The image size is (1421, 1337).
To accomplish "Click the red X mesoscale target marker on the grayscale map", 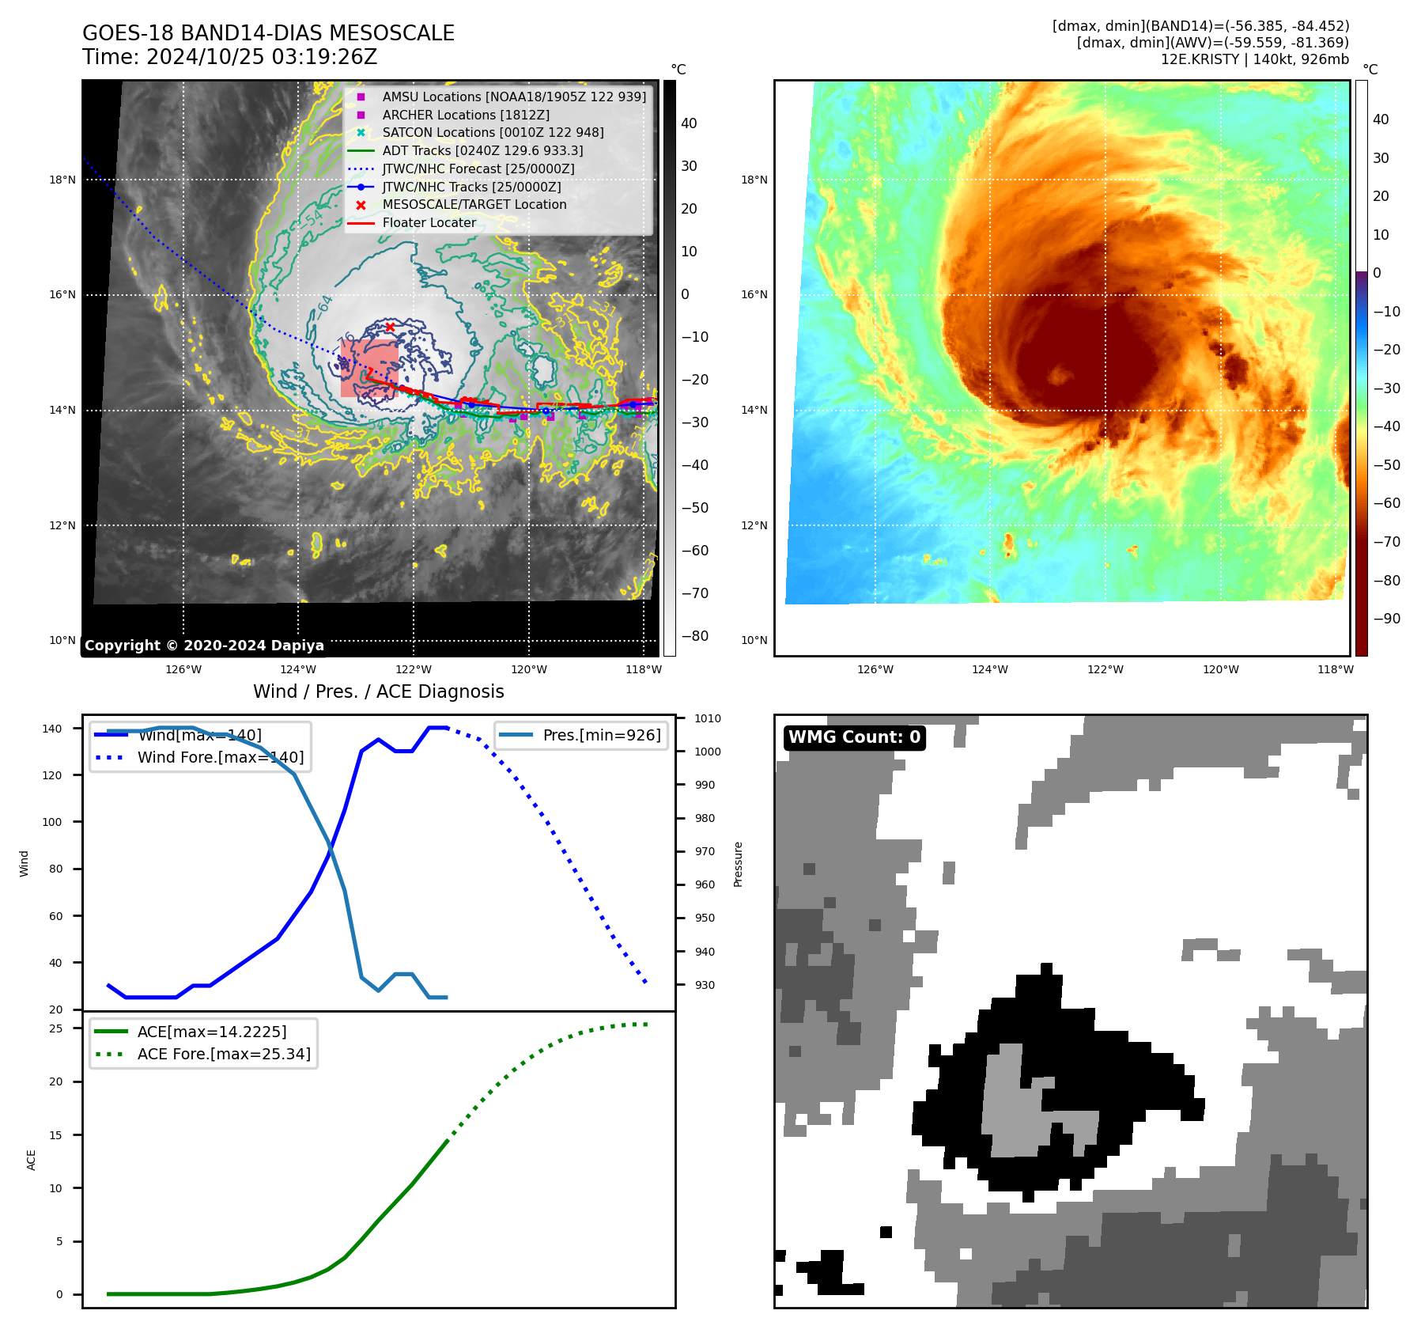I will pyautogui.click(x=390, y=327).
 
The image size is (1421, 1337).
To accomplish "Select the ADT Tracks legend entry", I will pyautogui.click(x=482, y=150).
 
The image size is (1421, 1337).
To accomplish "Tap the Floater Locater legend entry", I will pyautogui.click(x=429, y=223).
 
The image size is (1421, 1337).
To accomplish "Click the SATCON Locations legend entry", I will pyautogui.click(x=493, y=133).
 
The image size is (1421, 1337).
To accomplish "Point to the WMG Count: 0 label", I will pyautogui.click(x=854, y=737).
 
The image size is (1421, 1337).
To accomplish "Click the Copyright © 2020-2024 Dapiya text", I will pyautogui.click(x=204, y=646).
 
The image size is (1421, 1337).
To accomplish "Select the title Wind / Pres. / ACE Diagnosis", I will pyautogui.click(x=378, y=691).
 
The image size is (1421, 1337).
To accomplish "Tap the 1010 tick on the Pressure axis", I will pyautogui.click(x=708, y=718).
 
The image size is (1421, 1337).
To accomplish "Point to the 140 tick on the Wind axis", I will pyautogui.click(x=52, y=729).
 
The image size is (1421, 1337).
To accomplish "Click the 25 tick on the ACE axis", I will pyautogui.click(x=56, y=1028).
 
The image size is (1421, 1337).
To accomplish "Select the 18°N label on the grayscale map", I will pyautogui.click(x=62, y=180).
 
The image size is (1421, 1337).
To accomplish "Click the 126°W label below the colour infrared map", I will pyautogui.click(x=875, y=669).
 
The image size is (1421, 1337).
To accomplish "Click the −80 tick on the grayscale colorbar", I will pyautogui.click(x=695, y=636).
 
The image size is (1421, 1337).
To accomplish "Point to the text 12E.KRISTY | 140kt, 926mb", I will pyautogui.click(x=1254, y=59).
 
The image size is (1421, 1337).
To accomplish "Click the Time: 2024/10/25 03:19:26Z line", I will pyautogui.click(x=229, y=58).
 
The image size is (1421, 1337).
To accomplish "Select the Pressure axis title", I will pyautogui.click(x=738, y=864).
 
